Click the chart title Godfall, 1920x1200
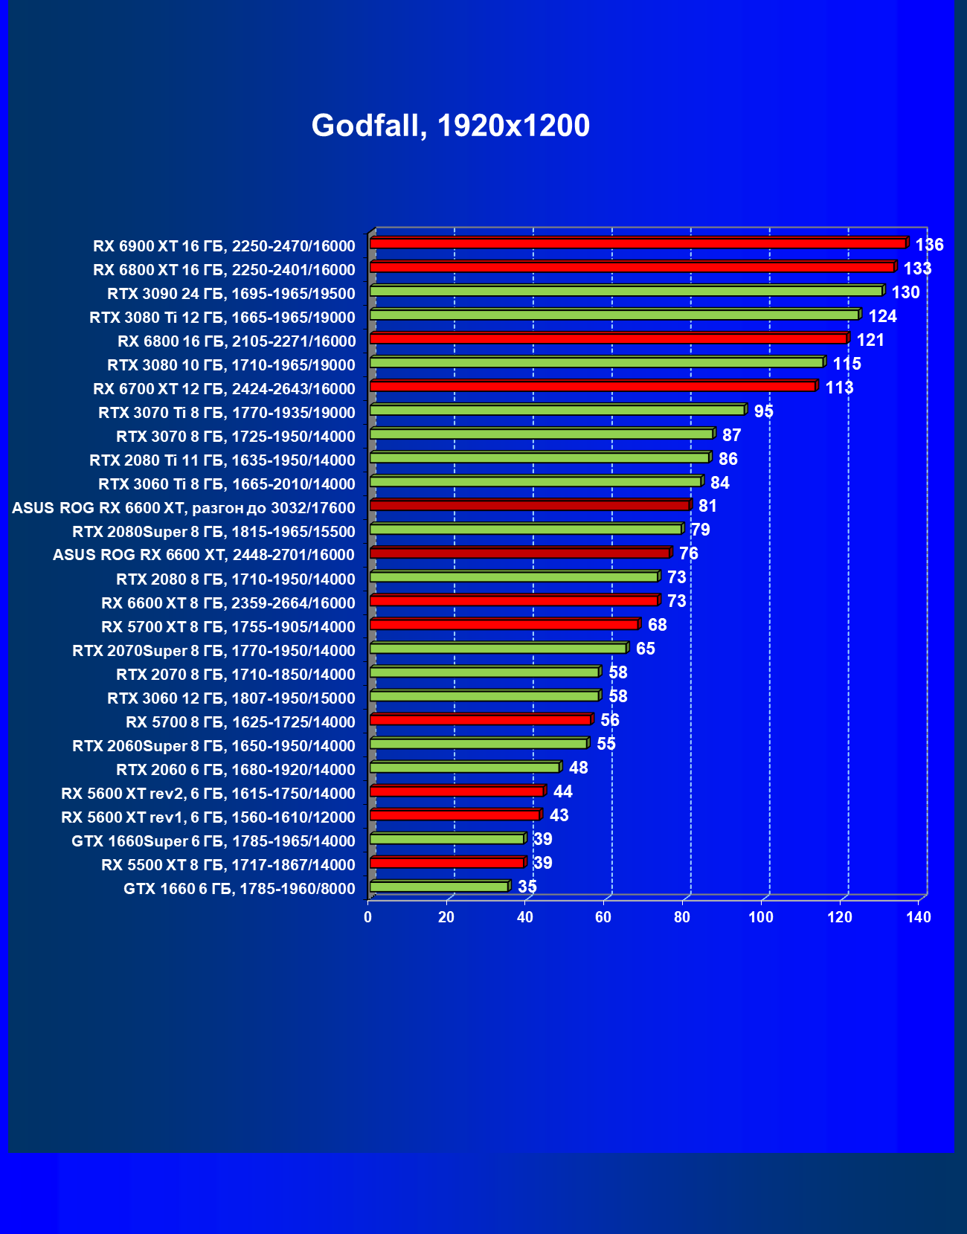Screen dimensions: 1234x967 [450, 126]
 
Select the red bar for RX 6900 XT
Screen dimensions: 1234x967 [637, 243]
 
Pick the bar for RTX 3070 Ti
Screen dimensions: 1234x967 [557, 410]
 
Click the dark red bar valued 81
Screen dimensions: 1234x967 [530, 505]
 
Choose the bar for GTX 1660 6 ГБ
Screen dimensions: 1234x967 [439, 886]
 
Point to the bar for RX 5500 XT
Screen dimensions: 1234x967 [447, 862]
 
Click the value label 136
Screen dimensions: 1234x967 [929, 245]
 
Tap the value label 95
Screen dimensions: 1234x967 [764, 411]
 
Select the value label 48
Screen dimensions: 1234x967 [578, 768]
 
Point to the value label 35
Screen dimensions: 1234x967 [527, 887]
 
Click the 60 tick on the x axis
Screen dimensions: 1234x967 [603, 917]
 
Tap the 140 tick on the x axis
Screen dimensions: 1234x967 [919, 917]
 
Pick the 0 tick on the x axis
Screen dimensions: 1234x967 [368, 917]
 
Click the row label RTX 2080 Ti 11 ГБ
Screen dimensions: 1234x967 [222, 460]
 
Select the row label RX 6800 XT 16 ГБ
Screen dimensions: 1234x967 [224, 270]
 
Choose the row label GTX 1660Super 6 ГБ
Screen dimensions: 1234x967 [213, 841]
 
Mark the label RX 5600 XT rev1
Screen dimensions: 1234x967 [208, 817]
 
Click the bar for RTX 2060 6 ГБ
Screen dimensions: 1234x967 [465, 767]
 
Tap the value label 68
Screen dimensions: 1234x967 [658, 625]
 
